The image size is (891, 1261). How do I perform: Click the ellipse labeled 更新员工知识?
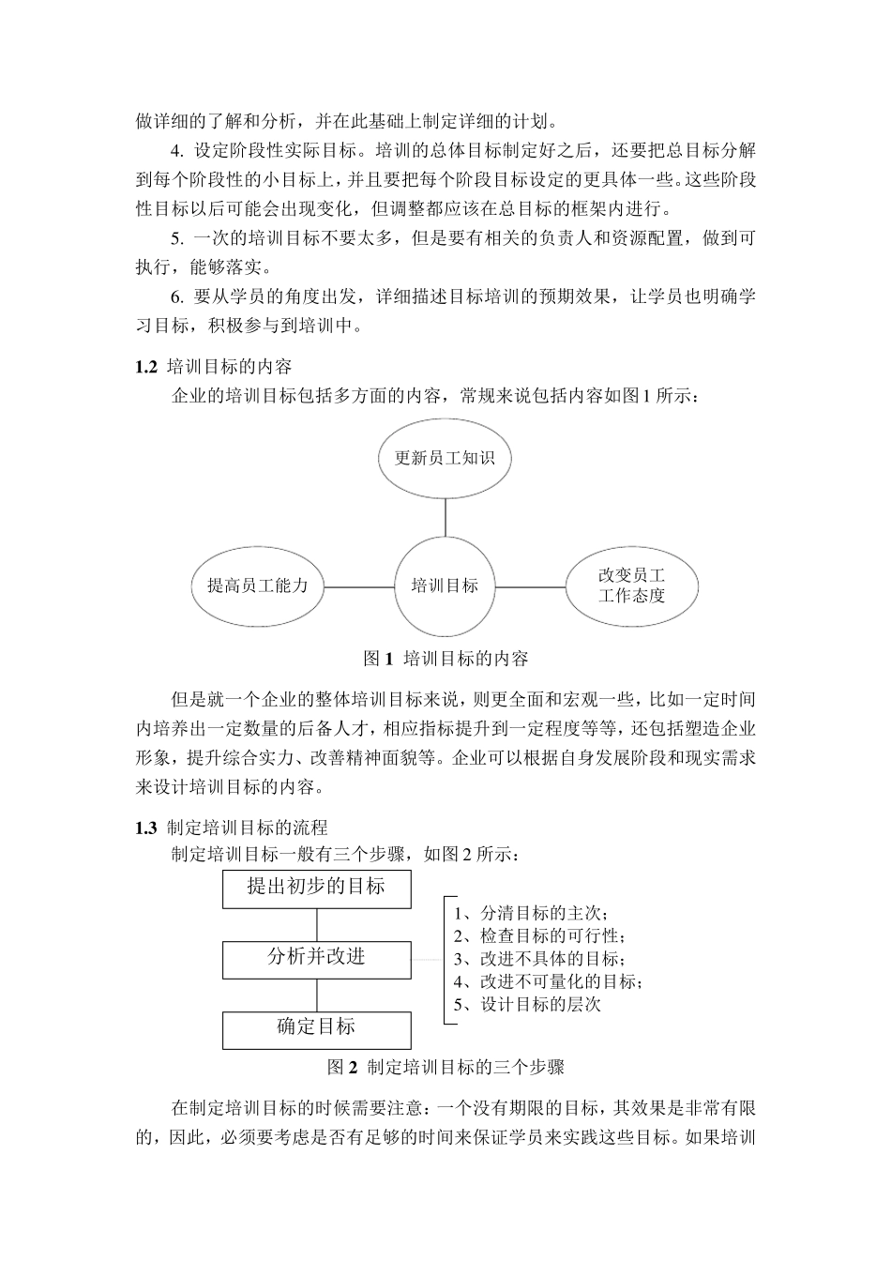click(445, 459)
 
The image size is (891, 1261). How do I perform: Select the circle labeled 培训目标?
click(445, 586)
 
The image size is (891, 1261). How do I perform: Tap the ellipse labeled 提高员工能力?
click(257, 586)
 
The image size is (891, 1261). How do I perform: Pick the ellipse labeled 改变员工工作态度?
click(631, 586)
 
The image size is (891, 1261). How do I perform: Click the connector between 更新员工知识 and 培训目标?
click(445, 515)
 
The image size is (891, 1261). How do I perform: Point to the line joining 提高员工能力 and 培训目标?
click(358, 587)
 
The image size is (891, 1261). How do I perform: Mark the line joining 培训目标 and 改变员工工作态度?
click(530, 587)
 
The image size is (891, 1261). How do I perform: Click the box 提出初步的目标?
click(316, 888)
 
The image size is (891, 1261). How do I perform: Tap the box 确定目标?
click(316, 1028)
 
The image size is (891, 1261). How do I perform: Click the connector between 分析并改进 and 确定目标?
click(316, 995)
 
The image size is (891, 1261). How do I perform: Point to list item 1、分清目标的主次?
click(531, 914)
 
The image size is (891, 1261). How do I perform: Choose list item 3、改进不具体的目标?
click(538, 959)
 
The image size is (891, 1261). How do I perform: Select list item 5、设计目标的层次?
click(527, 1005)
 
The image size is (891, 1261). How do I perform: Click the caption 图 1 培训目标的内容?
click(445, 659)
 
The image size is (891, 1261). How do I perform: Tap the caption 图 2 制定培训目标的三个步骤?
click(445, 1067)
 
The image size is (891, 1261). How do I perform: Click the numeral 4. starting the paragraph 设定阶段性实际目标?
click(177, 150)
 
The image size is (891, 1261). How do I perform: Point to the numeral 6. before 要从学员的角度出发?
click(177, 297)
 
